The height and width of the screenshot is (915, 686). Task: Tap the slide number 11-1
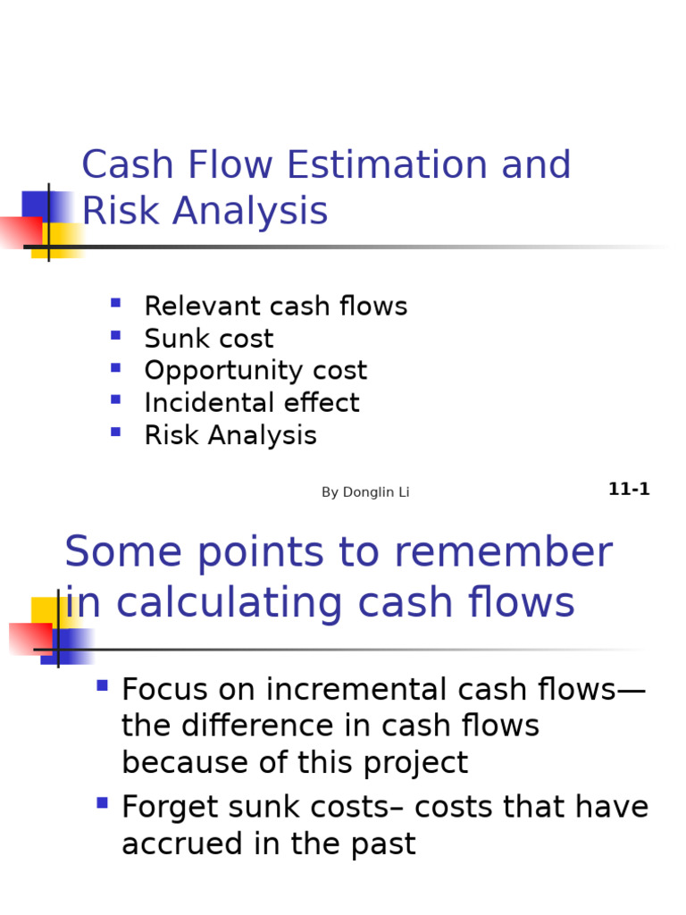click(629, 489)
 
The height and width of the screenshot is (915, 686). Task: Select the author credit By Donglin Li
click(365, 492)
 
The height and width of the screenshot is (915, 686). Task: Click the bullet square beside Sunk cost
click(115, 336)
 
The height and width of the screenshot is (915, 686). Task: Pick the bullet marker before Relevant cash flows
click(115, 304)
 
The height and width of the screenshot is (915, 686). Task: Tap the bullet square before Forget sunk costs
click(102, 803)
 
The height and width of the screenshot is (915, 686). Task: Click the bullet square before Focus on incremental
click(102, 686)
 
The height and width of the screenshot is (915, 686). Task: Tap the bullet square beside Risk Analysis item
click(115, 432)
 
